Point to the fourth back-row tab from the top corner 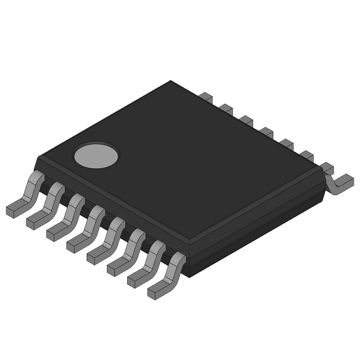tap(266, 132)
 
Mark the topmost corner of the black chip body tap(171, 81)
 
